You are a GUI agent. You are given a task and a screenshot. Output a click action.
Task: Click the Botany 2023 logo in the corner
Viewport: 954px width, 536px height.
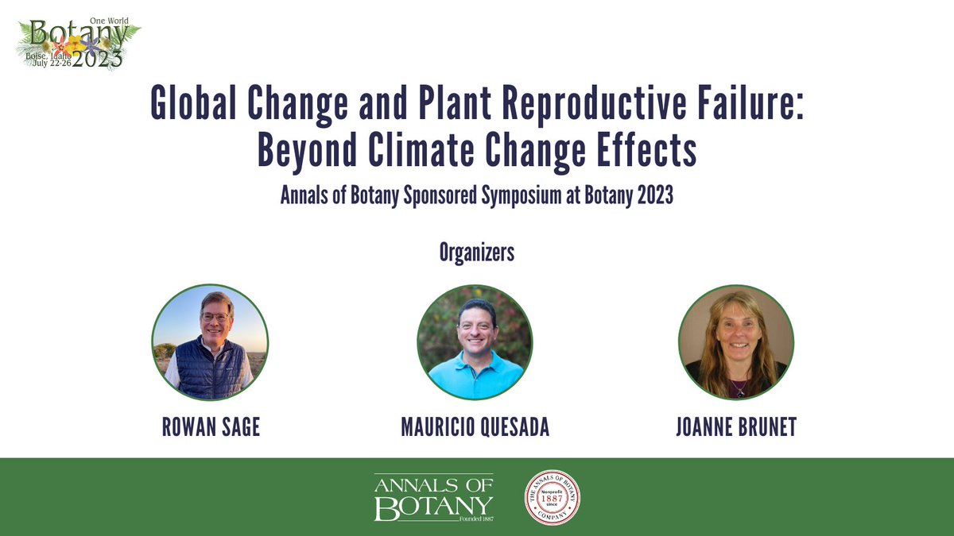pos(77,44)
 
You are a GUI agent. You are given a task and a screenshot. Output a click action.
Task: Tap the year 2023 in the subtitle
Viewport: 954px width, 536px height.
pos(653,197)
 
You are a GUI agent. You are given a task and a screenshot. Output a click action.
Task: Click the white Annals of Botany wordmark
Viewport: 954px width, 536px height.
pos(434,498)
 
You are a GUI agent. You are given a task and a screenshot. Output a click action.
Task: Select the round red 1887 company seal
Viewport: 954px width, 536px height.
pos(552,498)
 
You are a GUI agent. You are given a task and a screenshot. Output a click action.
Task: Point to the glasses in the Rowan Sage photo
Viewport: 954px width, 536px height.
pos(215,316)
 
